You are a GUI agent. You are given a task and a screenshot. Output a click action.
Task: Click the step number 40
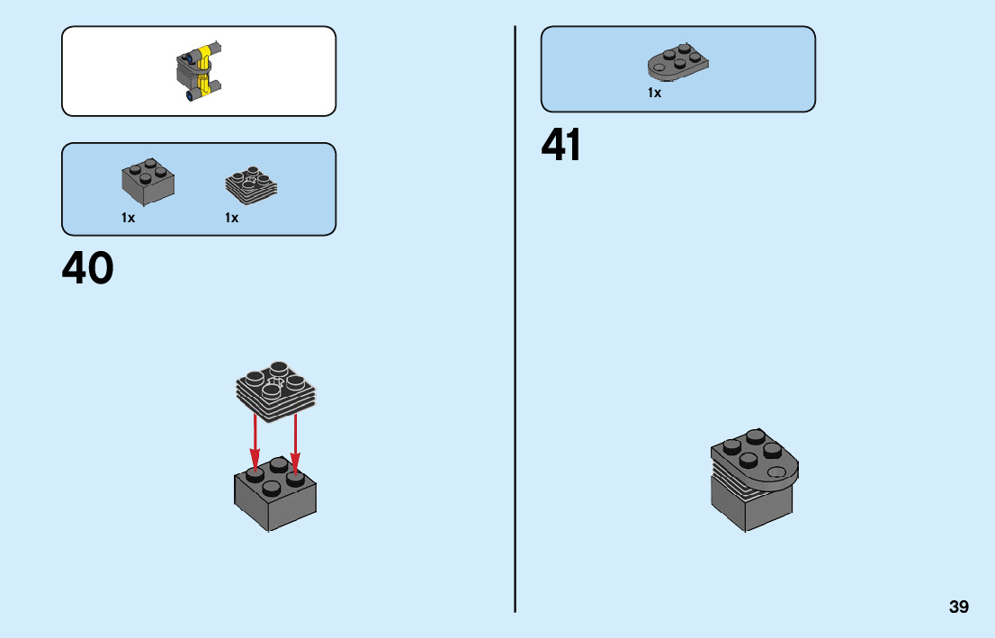click(x=88, y=268)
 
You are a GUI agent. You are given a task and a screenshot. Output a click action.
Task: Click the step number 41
click(x=561, y=146)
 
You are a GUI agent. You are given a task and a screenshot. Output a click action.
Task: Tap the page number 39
click(x=958, y=607)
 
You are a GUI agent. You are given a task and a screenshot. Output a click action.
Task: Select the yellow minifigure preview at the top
click(x=201, y=72)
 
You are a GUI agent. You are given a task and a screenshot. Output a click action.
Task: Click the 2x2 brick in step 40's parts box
click(x=148, y=183)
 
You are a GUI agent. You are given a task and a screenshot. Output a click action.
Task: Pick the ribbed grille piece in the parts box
click(x=250, y=184)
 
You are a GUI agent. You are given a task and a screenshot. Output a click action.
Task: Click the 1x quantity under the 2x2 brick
click(x=129, y=218)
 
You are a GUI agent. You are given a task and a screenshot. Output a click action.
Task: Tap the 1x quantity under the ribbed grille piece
click(x=232, y=218)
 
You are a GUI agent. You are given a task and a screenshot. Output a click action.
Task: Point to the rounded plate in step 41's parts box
click(x=679, y=62)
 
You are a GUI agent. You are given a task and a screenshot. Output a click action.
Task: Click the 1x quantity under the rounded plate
click(x=655, y=93)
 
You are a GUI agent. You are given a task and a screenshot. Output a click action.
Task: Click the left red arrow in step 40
click(x=255, y=441)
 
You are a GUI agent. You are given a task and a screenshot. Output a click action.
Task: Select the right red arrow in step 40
click(x=295, y=441)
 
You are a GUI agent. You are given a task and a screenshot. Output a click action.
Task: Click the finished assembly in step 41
click(x=754, y=481)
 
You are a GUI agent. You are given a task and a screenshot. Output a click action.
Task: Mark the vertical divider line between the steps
click(x=515, y=319)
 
